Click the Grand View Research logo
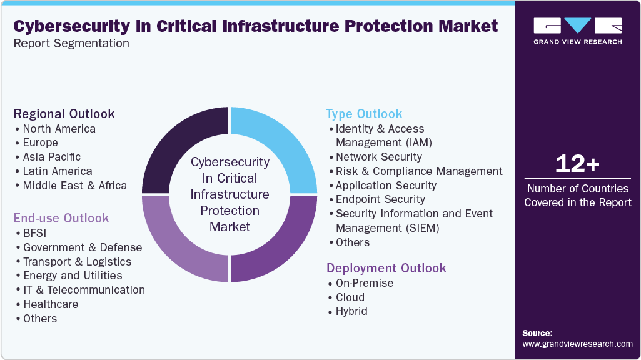[577, 31]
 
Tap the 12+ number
[577, 164]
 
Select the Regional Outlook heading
[64, 114]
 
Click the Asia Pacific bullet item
[52, 157]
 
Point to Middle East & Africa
[74, 186]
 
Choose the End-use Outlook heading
[61, 218]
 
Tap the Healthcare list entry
[51, 304]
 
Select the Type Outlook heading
[364, 114]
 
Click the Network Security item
[378, 157]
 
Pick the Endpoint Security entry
[380, 199]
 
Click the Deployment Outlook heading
[386, 268]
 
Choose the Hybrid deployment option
[351, 311]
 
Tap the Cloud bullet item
[350, 297]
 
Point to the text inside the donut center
[230, 194]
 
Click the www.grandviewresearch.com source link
[577, 344]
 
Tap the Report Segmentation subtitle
[71, 44]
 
